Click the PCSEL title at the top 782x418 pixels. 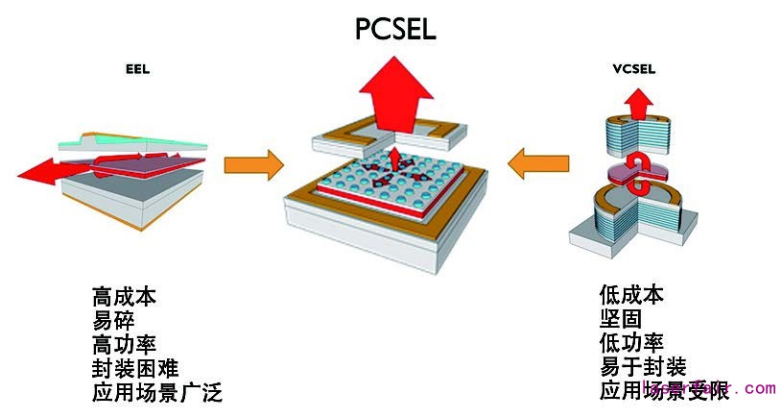coord(394,28)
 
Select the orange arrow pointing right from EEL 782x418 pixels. coord(253,163)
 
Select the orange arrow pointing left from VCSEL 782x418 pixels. coord(536,163)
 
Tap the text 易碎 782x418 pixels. coord(113,321)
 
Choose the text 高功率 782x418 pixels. coord(124,344)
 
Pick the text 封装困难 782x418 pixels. coord(135,367)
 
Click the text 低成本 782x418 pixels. coord(631,295)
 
